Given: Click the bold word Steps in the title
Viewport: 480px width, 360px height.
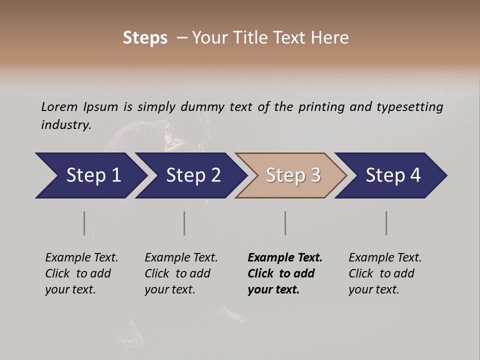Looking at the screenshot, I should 145,38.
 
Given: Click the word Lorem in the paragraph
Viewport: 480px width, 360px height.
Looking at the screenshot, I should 59,106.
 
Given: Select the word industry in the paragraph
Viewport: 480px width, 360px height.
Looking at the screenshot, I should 66,125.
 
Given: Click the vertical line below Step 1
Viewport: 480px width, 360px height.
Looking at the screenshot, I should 84,223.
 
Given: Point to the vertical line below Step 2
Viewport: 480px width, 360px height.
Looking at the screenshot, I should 184,223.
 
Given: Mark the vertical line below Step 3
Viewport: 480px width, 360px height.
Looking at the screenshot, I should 285,223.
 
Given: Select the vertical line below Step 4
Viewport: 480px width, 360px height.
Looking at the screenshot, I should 386,223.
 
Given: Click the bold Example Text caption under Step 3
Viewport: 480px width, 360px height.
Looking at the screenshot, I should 285,273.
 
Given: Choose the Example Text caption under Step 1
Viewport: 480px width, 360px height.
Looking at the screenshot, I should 81,273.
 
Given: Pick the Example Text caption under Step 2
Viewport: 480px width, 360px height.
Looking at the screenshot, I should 181,273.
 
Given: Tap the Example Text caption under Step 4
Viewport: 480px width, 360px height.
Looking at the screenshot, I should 385,273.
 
